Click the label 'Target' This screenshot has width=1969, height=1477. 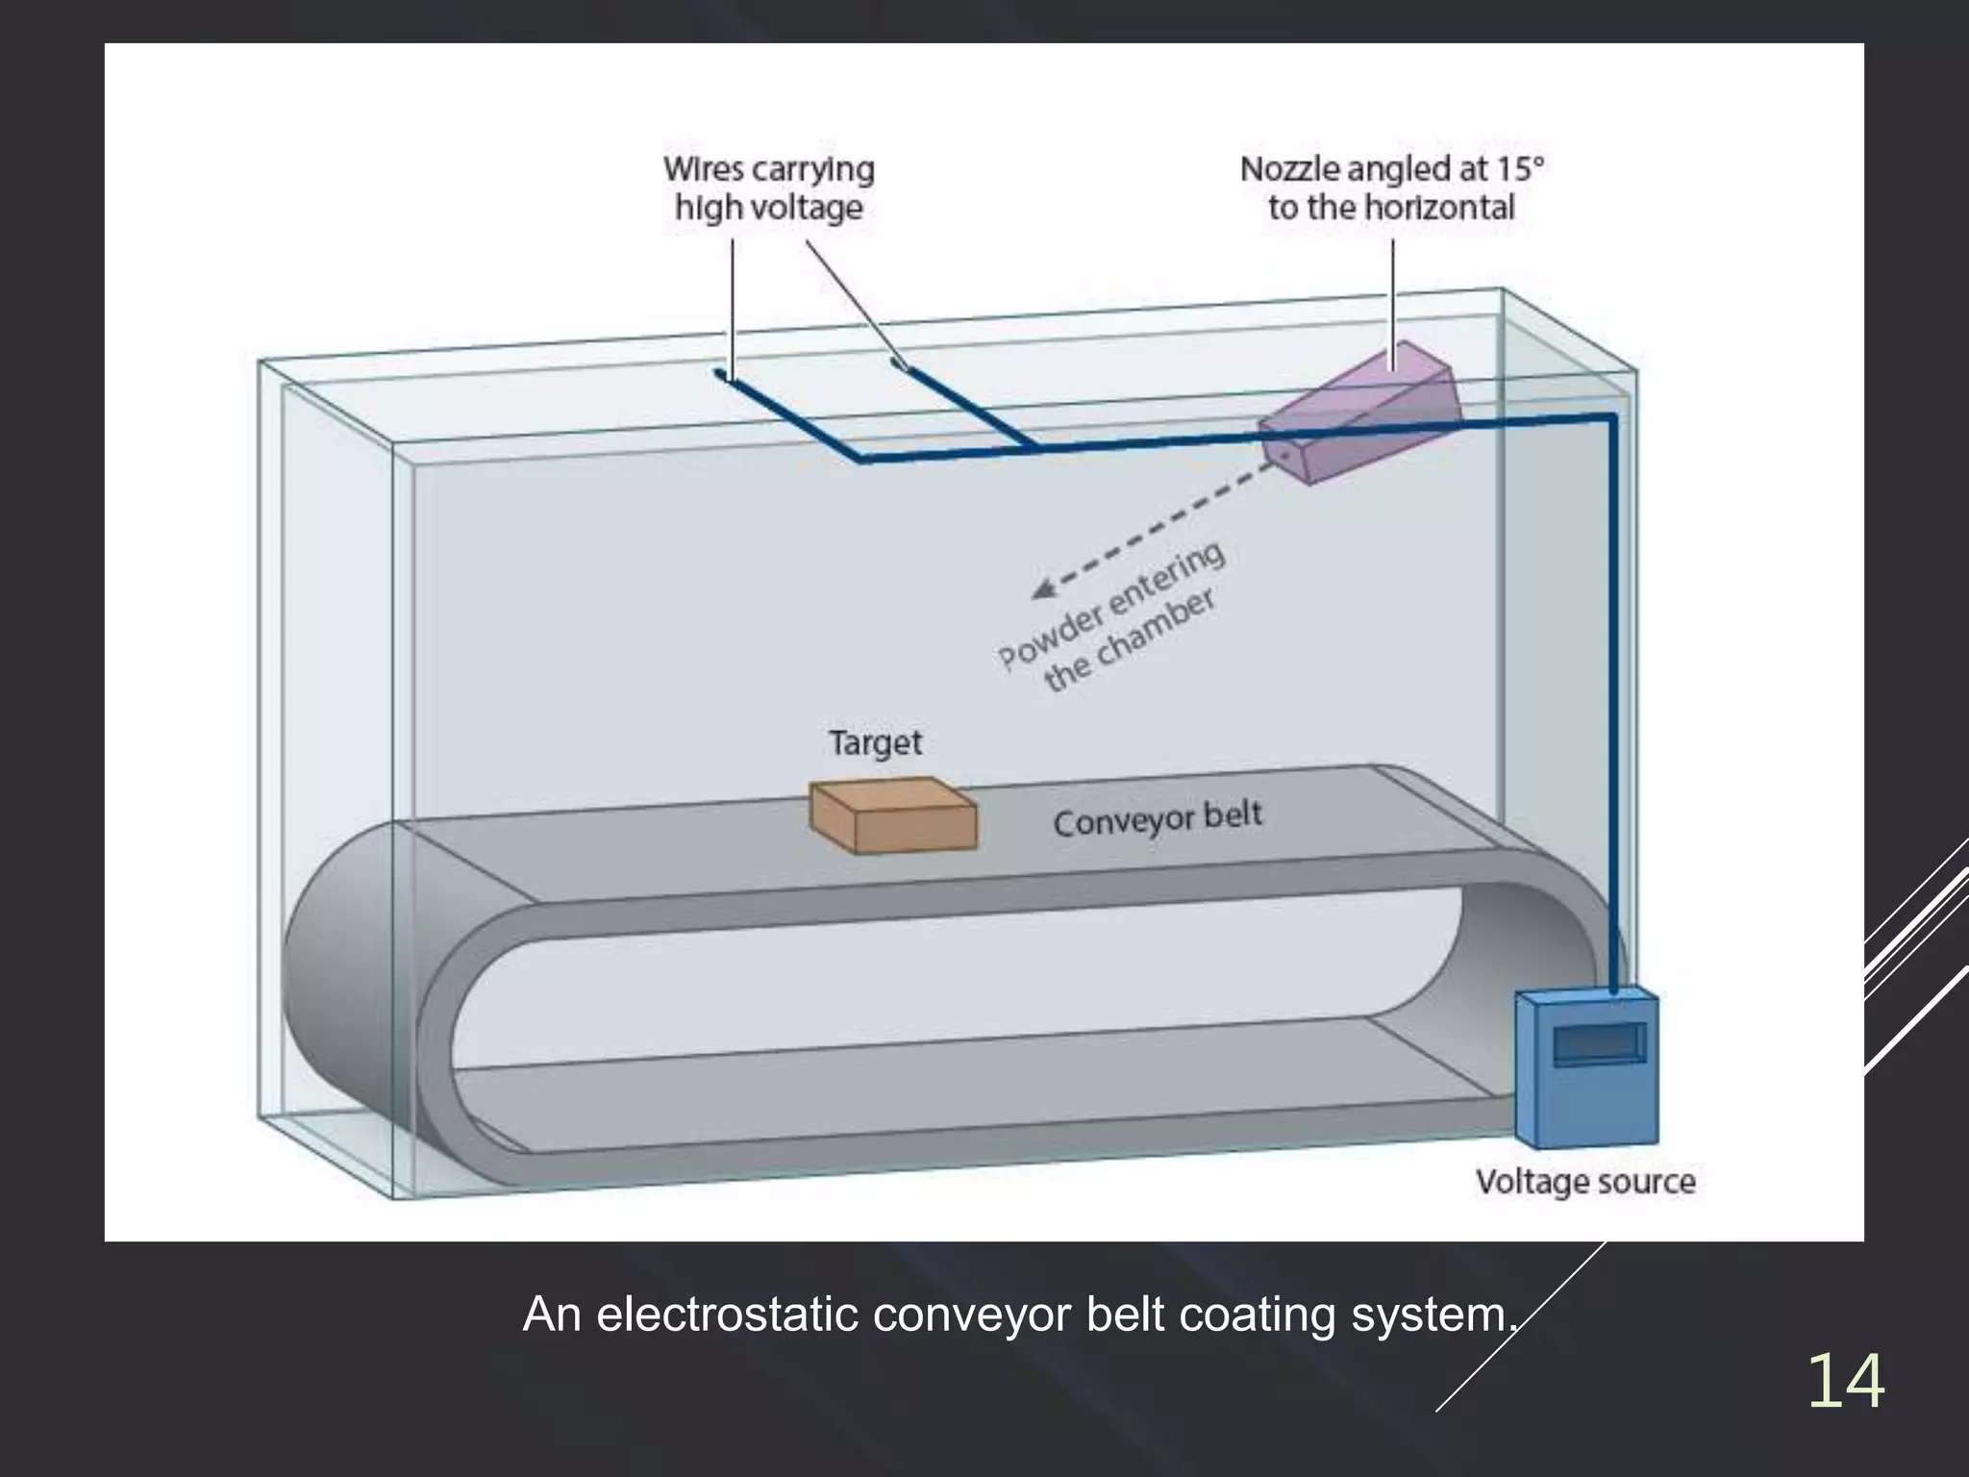pos(875,742)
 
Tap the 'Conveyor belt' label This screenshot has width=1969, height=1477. pos(1158,819)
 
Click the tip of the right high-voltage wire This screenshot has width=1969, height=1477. pos(898,363)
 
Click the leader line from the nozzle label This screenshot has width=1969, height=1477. pos(1393,298)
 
